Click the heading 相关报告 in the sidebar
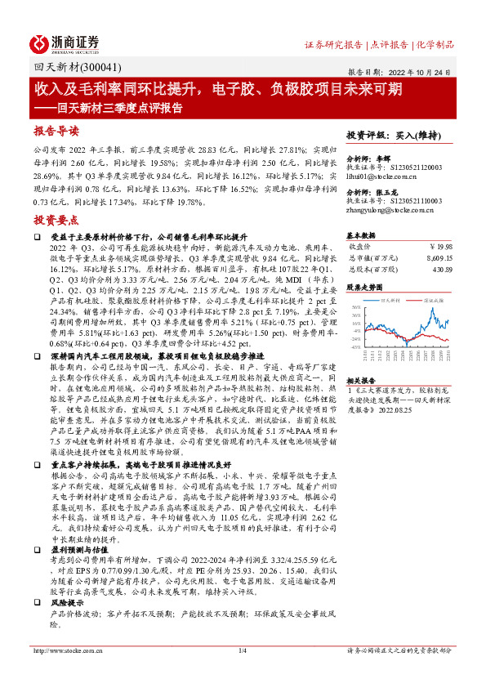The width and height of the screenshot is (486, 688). click(x=360, y=381)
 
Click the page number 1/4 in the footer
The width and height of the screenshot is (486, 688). click(x=242, y=650)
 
